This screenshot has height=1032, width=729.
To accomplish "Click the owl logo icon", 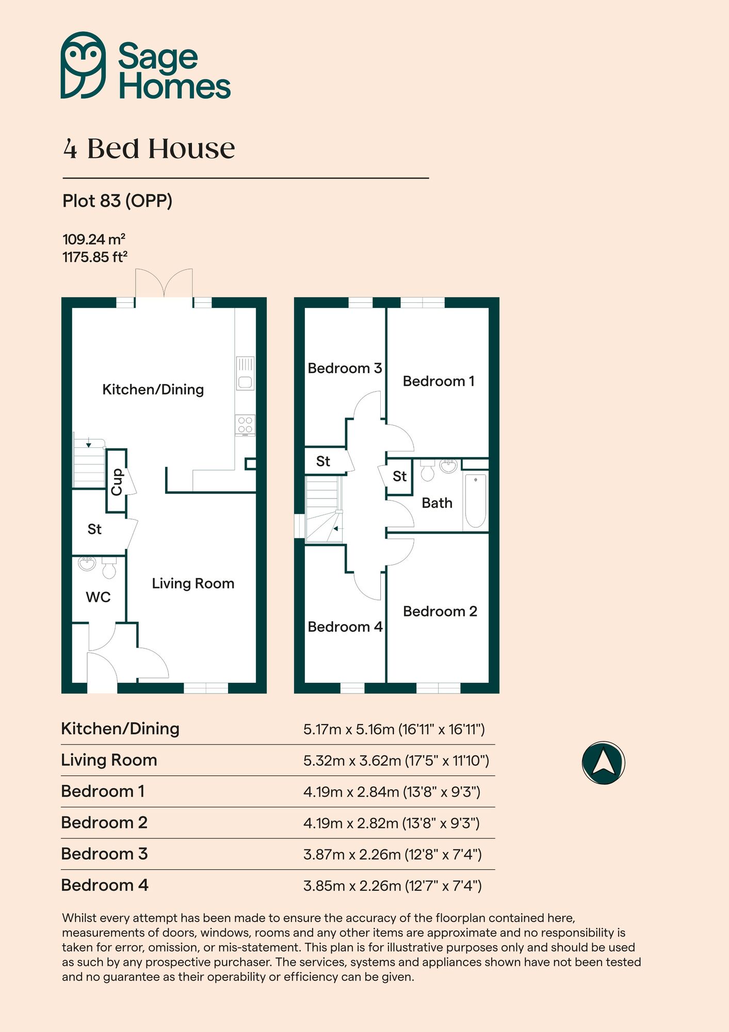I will tap(83, 65).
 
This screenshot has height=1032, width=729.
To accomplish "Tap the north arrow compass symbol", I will tap(603, 763).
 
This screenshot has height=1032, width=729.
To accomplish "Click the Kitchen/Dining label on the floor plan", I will tap(153, 390).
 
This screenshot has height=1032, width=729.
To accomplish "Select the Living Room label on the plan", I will tap(193, 584).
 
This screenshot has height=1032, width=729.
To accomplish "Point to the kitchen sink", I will tap(246, 374).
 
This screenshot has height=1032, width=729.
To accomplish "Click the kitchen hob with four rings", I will tap(245, 425).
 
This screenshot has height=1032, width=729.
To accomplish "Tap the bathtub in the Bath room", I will tap(475, 502).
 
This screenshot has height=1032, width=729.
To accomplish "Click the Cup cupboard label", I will tap(117, 481).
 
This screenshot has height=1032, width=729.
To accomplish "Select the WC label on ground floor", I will tap(98, 597).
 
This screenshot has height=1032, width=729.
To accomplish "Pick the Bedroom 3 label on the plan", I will tap(344, 368).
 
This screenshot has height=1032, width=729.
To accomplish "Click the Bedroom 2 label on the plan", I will tap(440, 611).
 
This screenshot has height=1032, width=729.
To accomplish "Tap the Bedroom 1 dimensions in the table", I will tap(392, 792).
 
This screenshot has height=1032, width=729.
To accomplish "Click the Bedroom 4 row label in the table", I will tap(105, 885).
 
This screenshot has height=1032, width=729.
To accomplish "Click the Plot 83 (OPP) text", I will tap(117, 201).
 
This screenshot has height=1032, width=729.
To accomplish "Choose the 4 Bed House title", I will tap(149, 149).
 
